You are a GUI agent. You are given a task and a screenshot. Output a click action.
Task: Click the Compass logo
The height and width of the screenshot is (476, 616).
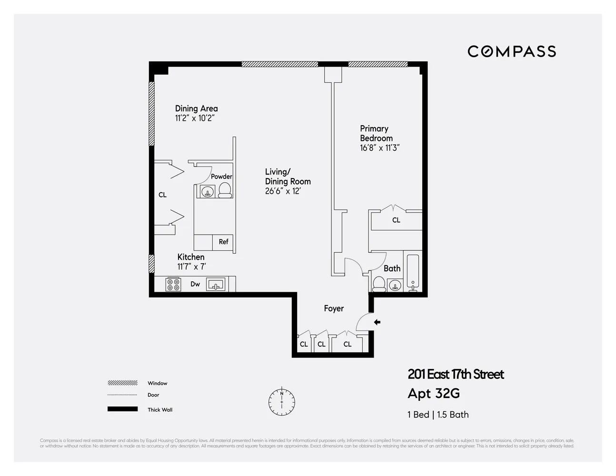tap(512, 51)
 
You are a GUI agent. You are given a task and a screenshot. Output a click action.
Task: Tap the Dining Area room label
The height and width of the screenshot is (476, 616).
tap(196, 109)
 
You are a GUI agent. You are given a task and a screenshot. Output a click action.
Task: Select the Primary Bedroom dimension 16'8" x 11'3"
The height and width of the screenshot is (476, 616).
tap(379, 148)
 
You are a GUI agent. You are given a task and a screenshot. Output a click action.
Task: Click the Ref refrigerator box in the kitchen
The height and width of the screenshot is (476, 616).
tap(223, 242)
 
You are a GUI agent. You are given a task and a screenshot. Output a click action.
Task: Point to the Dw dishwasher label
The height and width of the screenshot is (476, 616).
tap(195, 284)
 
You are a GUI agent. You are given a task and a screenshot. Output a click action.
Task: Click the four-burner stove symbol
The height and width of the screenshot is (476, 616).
tap(173, 285)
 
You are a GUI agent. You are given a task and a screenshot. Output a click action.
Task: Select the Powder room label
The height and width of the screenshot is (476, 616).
tap(221, 177)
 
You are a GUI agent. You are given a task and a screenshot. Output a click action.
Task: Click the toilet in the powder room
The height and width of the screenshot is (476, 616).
tap(225, 191)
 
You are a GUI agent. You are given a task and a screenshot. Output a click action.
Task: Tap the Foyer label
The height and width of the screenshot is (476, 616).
tap(334, 308)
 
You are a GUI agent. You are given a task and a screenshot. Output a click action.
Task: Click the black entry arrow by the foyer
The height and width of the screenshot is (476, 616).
tap(377, 322)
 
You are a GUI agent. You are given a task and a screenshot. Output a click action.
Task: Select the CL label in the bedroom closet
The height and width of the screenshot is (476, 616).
tap(396, 220)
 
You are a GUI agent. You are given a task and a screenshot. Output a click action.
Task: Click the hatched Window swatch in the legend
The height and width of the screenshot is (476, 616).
tap(122, 383)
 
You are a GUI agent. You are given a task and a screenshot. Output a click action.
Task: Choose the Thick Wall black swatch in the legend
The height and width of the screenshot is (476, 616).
tap(122, 409)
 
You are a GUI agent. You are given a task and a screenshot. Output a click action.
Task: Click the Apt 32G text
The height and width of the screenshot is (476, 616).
tap(434, 394)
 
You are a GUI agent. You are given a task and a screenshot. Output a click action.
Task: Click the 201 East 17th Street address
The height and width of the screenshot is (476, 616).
tap(456, 375)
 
